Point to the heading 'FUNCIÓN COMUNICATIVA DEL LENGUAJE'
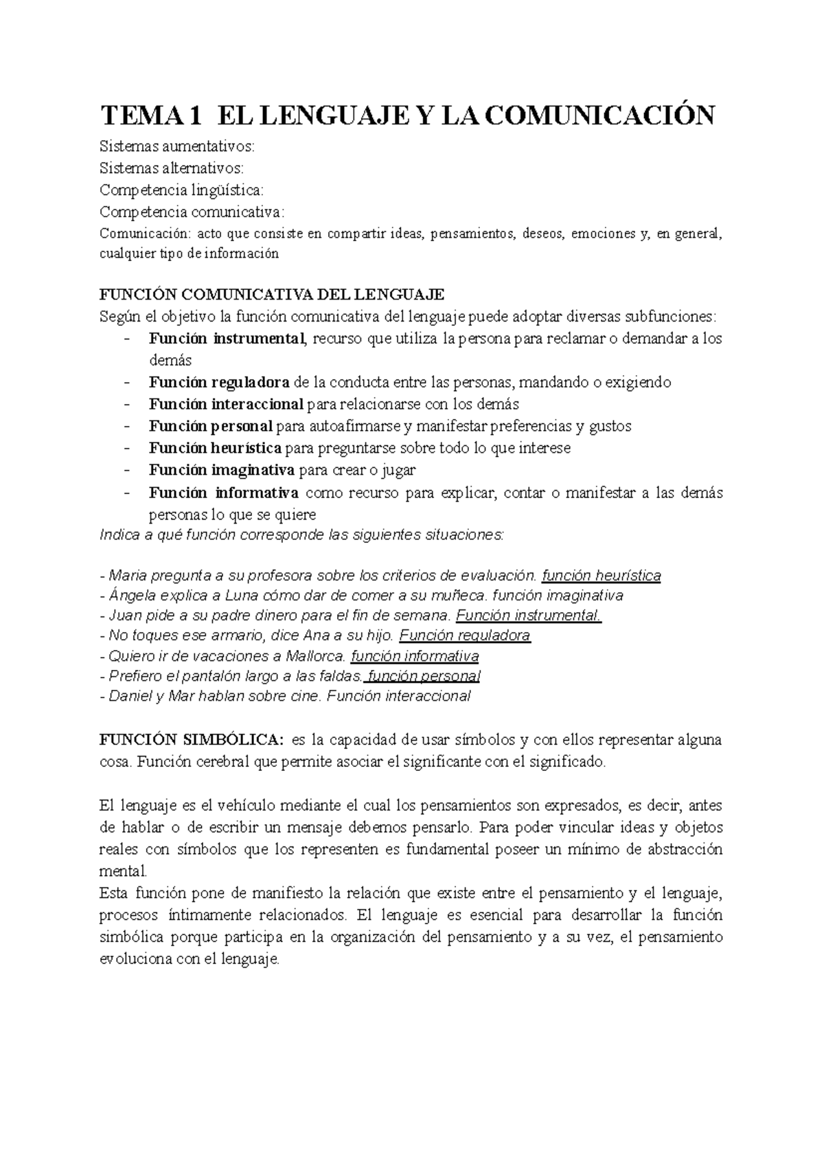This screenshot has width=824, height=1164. pyautogui.click(x=272, y=295)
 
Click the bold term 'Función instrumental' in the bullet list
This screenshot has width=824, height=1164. pyautogui.click(x=226, y=338)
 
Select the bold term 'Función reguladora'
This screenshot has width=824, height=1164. pyautogui.click(x=219, y=382)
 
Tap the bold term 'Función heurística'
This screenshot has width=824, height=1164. pyautogui.click(x=215, y=448)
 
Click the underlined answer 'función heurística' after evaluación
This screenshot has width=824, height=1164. pyautogui.click(x=601, y=575)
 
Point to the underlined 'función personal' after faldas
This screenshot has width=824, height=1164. pyautogui.click(x=423, y=675)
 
